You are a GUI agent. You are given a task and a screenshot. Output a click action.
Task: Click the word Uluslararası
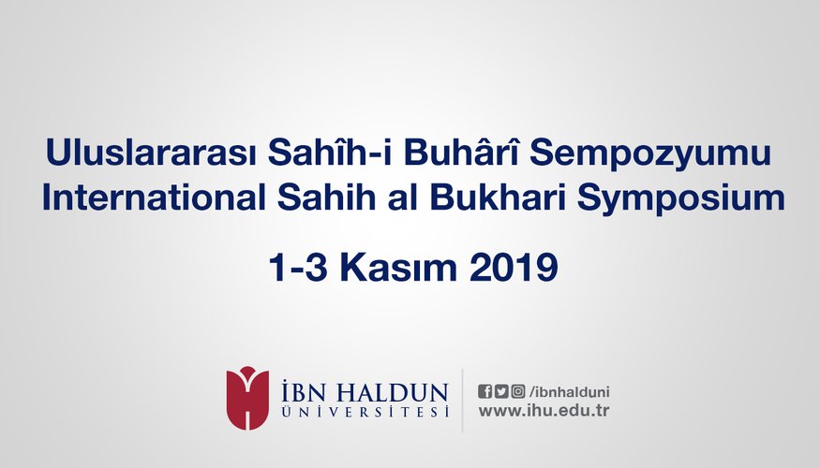151,153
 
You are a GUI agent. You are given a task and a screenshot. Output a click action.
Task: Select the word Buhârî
461,152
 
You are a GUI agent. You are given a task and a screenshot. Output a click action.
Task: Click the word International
154,197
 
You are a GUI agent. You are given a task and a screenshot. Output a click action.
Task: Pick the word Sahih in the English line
326,197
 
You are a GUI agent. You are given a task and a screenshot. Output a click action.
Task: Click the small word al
403,197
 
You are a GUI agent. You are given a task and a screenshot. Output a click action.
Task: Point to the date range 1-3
298,268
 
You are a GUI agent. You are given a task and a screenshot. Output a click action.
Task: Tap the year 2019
514,268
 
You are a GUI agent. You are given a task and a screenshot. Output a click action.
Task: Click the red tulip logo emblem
247,398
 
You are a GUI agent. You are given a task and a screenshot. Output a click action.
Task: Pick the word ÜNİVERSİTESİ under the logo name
365,412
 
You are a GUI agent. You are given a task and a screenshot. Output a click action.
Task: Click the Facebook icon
485,392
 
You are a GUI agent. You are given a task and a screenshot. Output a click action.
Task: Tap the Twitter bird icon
501,392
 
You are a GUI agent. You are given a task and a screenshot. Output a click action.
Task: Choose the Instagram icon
518,392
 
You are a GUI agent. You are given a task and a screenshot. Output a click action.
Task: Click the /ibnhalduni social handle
569,392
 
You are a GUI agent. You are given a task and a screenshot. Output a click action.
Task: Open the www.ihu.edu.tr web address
544,411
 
